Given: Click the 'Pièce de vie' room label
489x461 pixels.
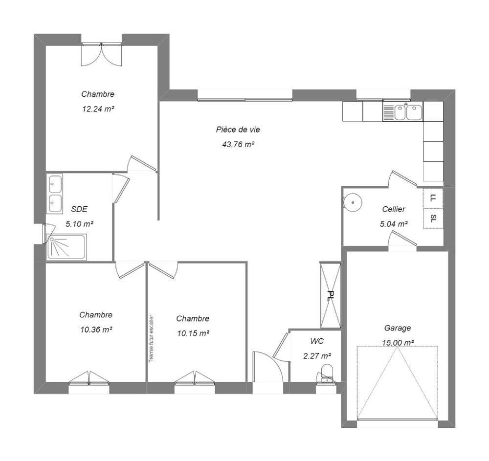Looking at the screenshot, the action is (x=238, y=130).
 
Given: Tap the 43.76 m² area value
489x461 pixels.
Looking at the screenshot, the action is (x=238, y=144).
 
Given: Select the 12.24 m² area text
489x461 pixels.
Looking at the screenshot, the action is (x=98, y=109).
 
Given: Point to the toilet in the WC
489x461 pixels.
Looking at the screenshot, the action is (x=327, y=373).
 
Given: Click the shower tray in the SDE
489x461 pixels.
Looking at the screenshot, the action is (x=66, y=247).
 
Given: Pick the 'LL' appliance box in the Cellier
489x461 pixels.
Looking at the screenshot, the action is (x=433, y=198).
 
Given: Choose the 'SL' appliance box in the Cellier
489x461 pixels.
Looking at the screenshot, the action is (x=433, y=218).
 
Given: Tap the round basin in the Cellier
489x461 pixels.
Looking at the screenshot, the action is (x=353, y=202).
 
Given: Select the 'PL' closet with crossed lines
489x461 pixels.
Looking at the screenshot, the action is (x=330, y=295).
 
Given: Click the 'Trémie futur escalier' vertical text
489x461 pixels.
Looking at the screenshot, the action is (x=151, y=338).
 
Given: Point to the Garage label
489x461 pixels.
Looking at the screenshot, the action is (x=397, y=328).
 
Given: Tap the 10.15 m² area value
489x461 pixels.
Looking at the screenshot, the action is (x=193, y=333).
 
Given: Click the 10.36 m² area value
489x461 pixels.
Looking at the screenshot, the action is (x=96, y=329).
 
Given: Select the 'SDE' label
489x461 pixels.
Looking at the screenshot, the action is (x=79, y=209).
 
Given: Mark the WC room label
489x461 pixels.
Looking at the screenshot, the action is (x=317, y=341).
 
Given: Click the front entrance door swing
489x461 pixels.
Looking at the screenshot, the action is (x=267, y=366).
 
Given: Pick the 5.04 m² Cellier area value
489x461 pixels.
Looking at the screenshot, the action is (x=394, y=224).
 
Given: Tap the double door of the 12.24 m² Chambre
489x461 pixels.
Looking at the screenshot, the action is (x=101, y=55).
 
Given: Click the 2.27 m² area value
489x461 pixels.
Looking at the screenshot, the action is (x=317, y=355).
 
